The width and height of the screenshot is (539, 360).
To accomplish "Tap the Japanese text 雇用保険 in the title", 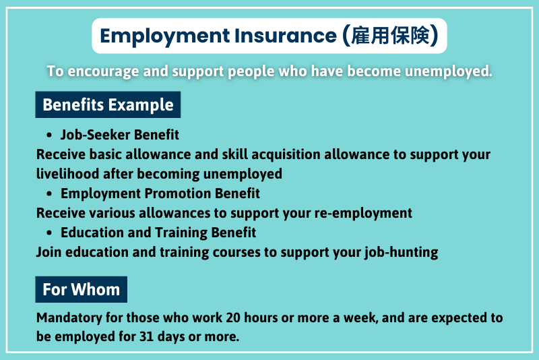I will click(391, 36).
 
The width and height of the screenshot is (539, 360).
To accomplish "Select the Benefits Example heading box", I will click(108, 105).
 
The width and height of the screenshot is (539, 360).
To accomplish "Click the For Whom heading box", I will click(81, 289).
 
